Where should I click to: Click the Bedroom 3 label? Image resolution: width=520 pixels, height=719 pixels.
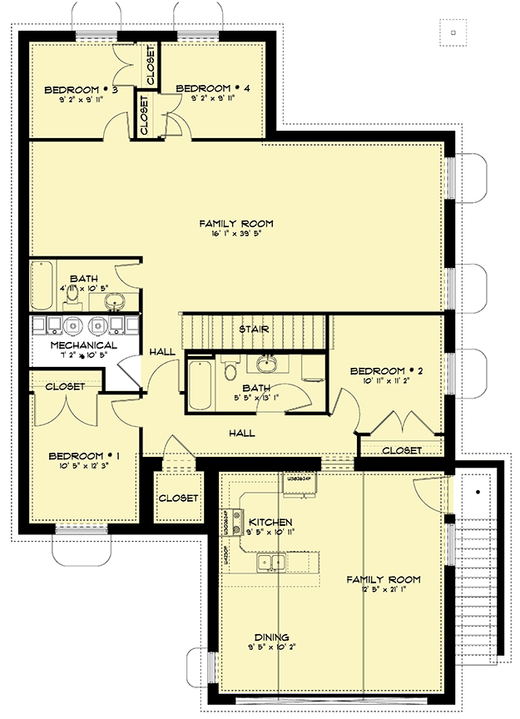(79, 89)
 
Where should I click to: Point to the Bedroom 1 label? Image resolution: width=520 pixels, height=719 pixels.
(84, 456)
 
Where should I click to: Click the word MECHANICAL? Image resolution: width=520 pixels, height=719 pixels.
(83, 345)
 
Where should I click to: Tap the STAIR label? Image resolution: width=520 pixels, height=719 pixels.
(254, 330)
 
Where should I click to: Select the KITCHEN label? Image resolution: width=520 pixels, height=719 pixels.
(263, 522)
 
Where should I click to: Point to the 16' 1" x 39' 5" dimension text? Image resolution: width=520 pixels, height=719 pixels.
(236, 236)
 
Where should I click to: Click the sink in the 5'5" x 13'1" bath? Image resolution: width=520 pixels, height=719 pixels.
(268, 364)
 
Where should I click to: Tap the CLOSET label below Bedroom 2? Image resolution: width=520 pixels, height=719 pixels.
(401, 450)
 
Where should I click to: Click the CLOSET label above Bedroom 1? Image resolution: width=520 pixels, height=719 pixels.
(66, 387)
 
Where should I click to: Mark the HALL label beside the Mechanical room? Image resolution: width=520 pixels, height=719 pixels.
(162, 352)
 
